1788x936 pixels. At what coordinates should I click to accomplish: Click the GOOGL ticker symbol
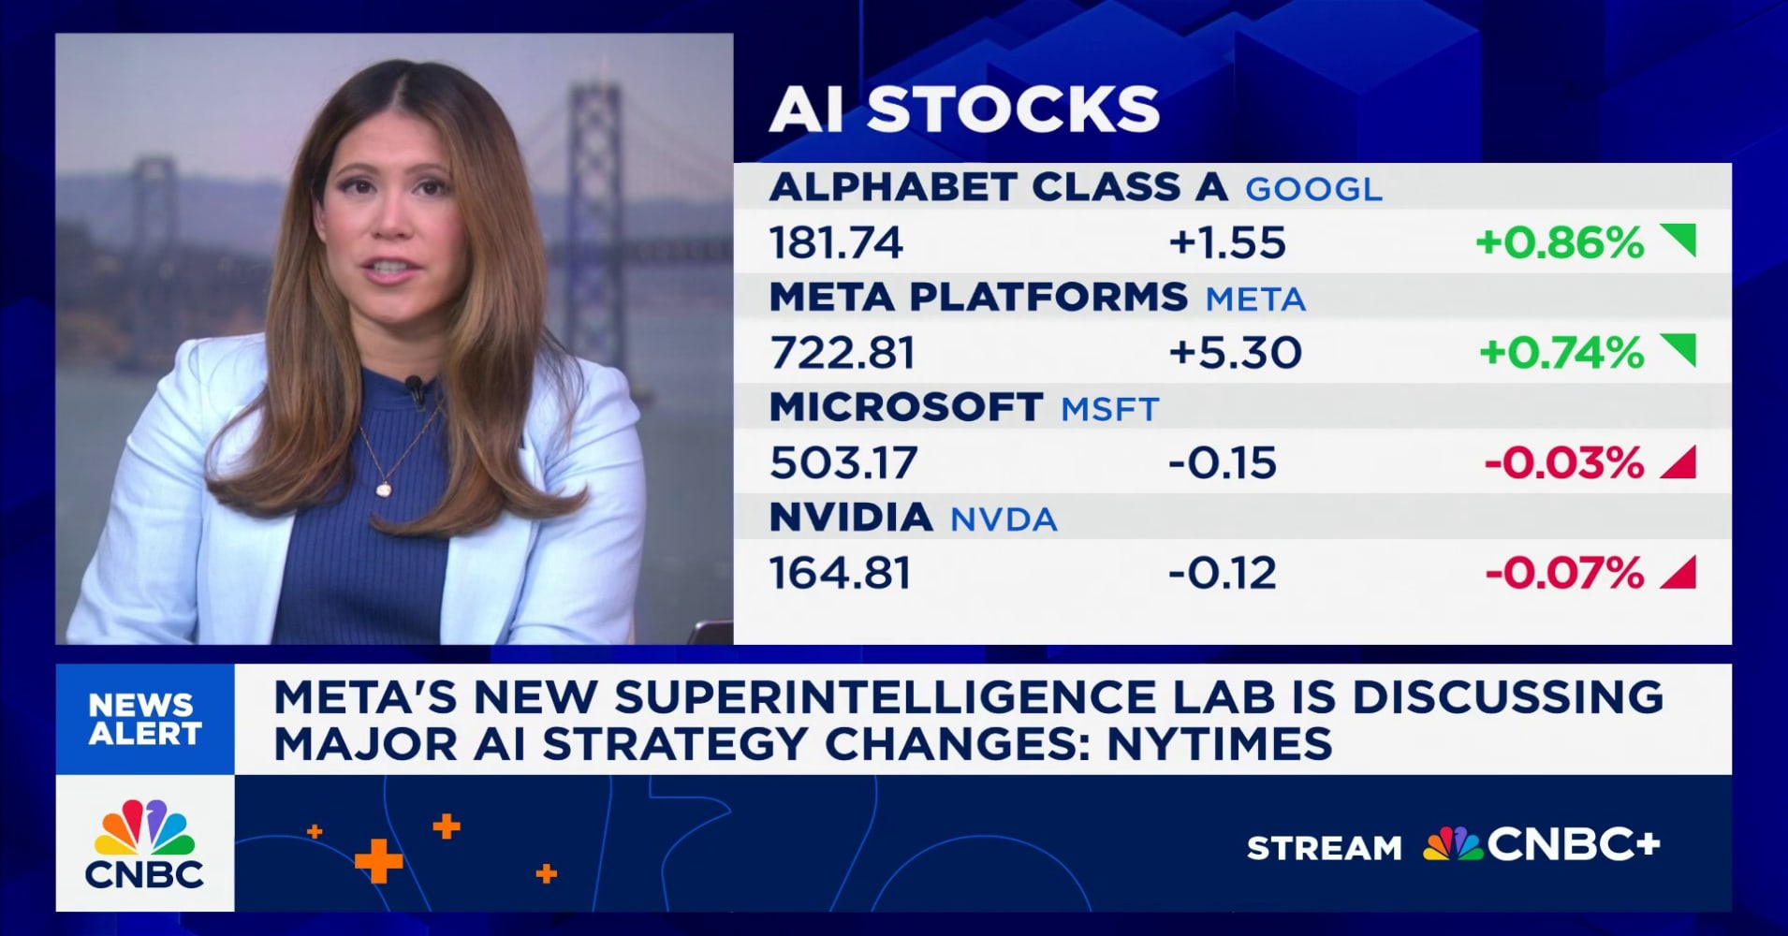tap(1312, 189)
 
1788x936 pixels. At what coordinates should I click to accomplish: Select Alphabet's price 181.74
tap(836, 243)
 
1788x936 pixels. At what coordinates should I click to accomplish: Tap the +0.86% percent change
tap(1560, 243)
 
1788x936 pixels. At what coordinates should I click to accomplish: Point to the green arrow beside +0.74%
tap(1678, 351)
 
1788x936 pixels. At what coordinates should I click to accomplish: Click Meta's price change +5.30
tap(1235, 353)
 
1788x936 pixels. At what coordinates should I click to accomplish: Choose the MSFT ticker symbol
tap(1109, 409)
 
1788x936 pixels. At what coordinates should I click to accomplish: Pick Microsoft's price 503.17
tap(843, 463)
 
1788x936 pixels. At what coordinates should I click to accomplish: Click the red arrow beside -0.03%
tap(1678, 462)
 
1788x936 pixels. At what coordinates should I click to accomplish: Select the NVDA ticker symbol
tap(1004, 519)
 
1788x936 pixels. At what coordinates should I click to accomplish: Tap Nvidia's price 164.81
tap(840, 573)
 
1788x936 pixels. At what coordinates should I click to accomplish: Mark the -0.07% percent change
tap(1564, 573)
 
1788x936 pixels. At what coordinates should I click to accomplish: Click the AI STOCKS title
tap(964, 110)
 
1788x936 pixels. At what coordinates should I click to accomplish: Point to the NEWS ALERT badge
tap(144, 719)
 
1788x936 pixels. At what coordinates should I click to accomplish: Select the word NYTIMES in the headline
tap(1220, 744)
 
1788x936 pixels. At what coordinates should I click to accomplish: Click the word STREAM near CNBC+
tap(1324, 848)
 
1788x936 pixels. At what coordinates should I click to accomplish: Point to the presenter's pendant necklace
tap(384, 487)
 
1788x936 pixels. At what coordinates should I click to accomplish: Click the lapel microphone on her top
tap(414, 384)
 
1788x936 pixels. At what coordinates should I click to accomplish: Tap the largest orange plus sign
tap(378, 860)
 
